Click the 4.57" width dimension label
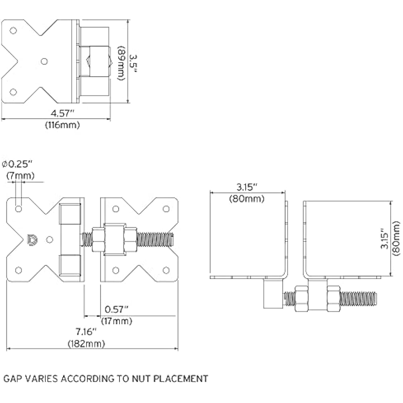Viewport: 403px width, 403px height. point(62,113)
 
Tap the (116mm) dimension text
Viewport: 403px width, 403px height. point(62,125)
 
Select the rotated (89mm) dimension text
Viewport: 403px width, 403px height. point(121,64)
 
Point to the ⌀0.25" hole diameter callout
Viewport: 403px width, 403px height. point(17,164)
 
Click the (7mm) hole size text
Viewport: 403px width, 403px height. point(20,176)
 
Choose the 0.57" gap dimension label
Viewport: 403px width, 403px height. point(116,310)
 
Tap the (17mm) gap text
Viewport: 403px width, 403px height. point(116,321)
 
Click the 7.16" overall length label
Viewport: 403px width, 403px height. point(86,332)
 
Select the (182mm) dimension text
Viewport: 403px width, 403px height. point(86,344)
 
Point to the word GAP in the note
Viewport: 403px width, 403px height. point(12,378)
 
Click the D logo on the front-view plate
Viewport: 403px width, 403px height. point(32,240)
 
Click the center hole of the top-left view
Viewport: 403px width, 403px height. point(44,61)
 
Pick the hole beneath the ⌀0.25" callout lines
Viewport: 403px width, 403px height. point(19,209)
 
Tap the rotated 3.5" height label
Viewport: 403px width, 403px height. point(133,63)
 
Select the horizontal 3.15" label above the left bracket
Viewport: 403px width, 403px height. point(247,187)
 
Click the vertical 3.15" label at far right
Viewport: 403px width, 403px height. point(385,238)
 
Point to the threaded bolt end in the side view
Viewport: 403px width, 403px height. point(359,299)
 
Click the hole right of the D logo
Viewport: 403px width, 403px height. point(50,240)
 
